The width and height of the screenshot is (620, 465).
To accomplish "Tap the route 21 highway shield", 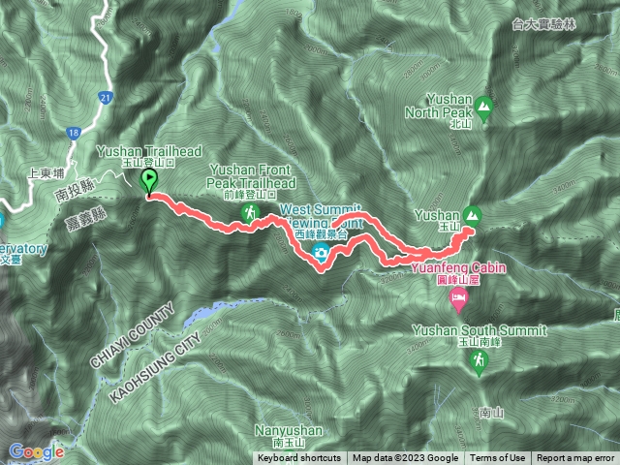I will tap(106, 96).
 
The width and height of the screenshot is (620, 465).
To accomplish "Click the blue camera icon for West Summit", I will tap(320, 254).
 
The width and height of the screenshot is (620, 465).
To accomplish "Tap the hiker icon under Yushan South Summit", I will tap(477, 360).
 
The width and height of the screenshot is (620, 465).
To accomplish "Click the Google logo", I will tap(37, 451).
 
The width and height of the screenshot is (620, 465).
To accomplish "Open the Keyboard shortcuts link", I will tap(299, 458).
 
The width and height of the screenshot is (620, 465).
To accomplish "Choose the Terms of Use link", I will tap(498, 458).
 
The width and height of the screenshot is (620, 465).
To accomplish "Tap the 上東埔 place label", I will tap(46, 172).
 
